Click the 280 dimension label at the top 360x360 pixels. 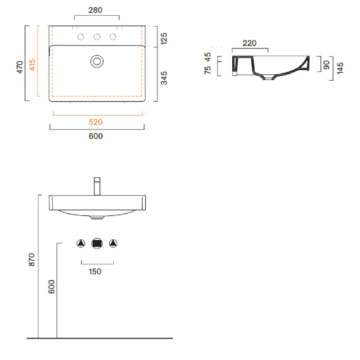(95, 10)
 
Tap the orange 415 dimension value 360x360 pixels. (32, 65)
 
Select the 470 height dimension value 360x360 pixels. (20, 67)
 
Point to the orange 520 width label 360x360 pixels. (96, 122)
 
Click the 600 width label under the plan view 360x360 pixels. (96, 136)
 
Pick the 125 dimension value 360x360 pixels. (164, 38)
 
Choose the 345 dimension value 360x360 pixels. (164, 78)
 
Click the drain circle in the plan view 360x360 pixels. (97, 62)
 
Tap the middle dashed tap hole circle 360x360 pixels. (97, 37)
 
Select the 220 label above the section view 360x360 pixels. (250, 43)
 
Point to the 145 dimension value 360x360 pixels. (340, 68)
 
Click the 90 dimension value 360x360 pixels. (327, 65)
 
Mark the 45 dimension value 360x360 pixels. (207, 57)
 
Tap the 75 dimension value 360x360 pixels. (207, 70)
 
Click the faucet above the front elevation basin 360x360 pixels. (97, 186)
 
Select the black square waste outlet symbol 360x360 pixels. (97, 243)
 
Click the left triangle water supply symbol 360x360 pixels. (81, 243)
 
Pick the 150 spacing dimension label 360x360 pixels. (95, 272)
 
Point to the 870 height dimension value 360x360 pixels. (31, 260)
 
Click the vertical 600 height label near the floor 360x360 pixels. (51, 287)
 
